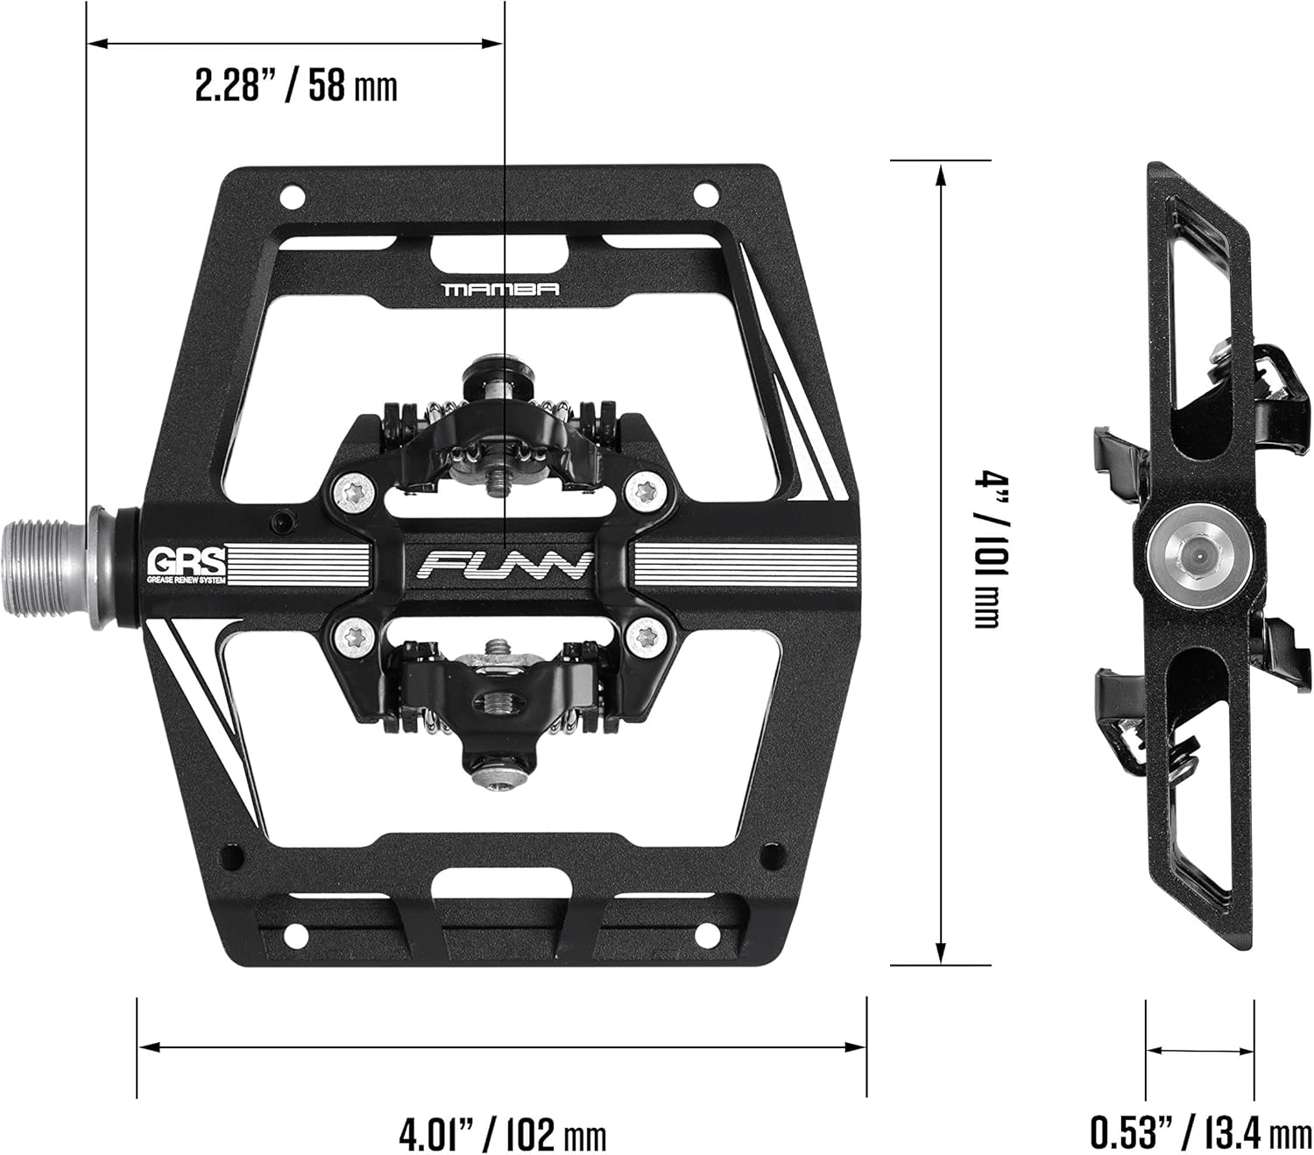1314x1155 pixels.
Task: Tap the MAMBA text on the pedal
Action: click(x=501, y=288)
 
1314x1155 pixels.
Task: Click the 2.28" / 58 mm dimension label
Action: click(x=295, y=87)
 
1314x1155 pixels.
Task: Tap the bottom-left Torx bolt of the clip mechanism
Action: click(x=356, y=637)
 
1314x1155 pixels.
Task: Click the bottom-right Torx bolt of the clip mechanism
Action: click(x=647, y=637)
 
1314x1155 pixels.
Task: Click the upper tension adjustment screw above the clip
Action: click(x=499, y=371)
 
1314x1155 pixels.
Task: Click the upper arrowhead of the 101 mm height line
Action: click(x=941, y=178)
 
